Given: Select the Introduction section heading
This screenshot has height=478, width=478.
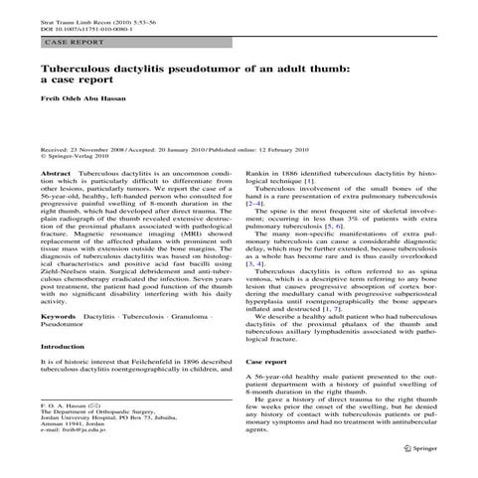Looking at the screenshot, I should pos(64,347).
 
